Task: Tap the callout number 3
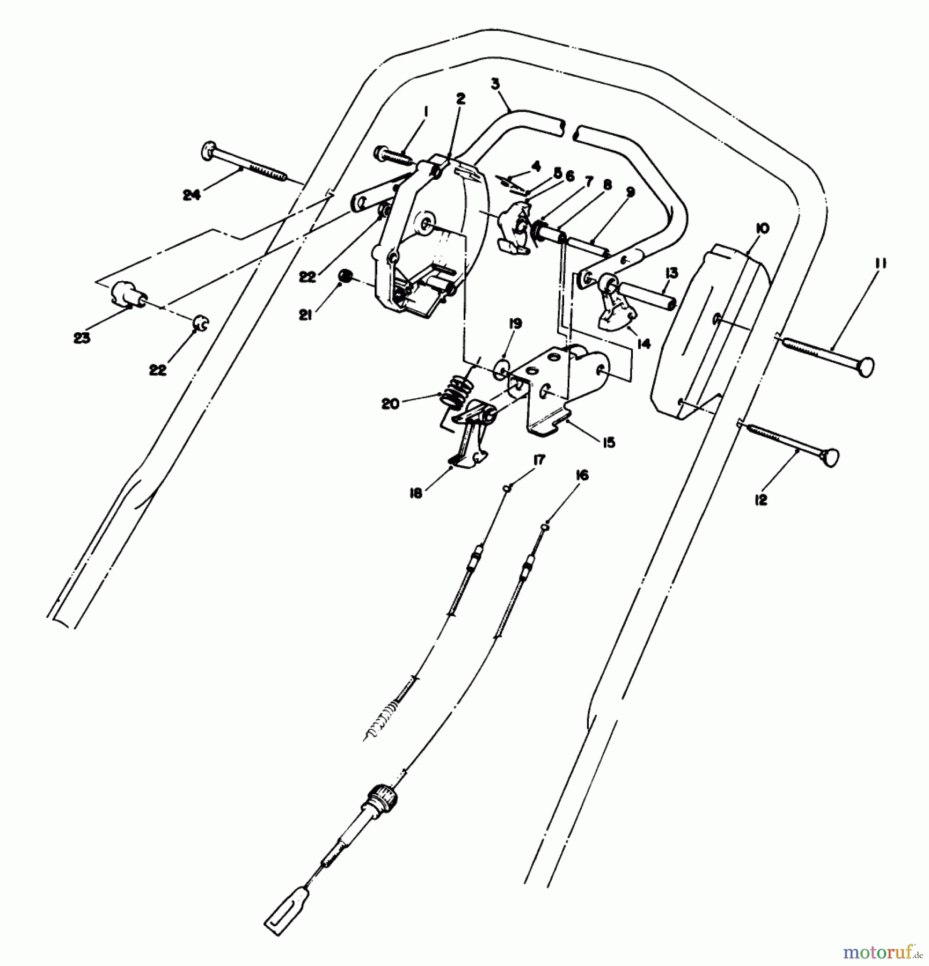tap(495, 84)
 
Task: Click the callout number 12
tap(761, 500)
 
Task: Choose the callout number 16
tap(582, 475)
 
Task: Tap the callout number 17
tap(539, 460)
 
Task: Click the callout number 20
tap(390, 404)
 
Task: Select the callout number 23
tap(82, 338)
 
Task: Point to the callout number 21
tap(306, 317)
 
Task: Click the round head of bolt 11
tap(865, 368)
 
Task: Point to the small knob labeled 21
tap(346, 277)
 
